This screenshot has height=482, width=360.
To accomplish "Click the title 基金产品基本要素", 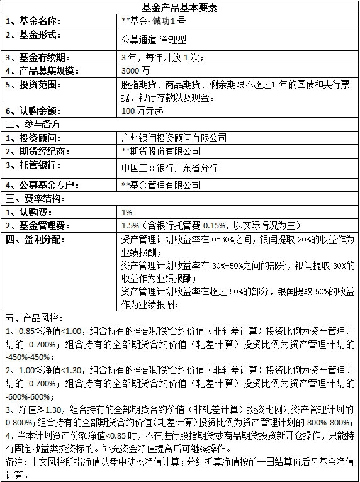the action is [x=180, y=8].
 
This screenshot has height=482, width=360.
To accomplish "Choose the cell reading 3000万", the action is [x=136, y=70].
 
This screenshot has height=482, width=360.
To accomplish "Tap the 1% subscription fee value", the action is [x=127, y=212].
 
